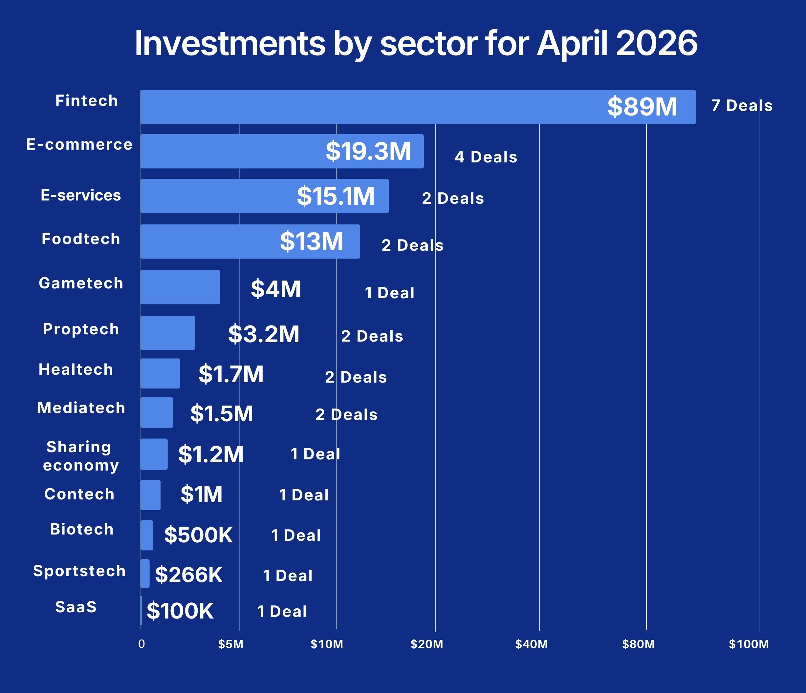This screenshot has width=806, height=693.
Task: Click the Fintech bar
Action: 418,107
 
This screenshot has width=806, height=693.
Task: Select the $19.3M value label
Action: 368,151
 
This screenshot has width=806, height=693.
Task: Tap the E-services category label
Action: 81,195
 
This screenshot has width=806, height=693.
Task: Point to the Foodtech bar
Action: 250,241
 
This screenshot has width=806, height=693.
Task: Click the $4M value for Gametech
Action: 275,289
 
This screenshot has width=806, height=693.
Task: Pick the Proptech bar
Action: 168,333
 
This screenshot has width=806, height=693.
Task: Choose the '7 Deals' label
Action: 742,105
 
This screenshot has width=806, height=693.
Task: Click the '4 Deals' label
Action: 486,157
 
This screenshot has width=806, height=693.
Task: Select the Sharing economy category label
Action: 80,456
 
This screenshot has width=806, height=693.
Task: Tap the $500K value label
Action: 198,535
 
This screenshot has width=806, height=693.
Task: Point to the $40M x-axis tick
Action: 531,644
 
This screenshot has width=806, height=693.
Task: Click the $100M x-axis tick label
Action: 749,644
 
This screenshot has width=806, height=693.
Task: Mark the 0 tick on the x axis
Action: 142,644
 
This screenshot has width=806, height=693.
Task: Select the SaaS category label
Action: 76,607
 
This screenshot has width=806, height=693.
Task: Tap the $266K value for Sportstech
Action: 189,575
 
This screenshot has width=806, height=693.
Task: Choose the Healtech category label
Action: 76,369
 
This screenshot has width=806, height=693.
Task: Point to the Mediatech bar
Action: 157,412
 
